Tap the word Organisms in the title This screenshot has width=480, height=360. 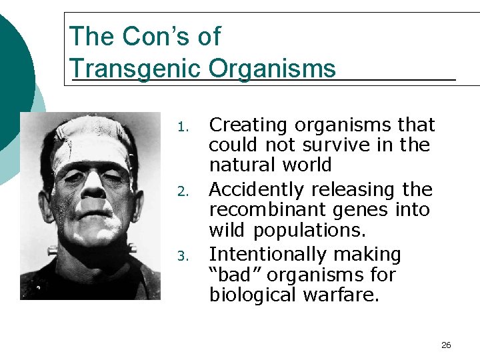(x=272, y=68)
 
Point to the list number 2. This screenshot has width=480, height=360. (x=188, y=191)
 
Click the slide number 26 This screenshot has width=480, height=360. (x=446, y=345)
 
